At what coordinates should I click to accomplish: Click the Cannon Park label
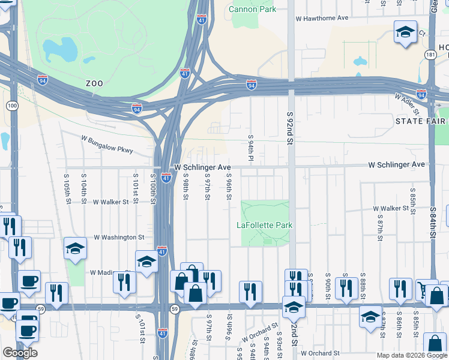(252, 9)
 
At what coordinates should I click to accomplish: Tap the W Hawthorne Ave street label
(322, 18)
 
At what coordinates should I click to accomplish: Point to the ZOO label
(94, 83)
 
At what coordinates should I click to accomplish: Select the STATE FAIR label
(421, 121)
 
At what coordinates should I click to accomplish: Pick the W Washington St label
(119, 238)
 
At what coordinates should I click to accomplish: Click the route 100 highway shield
(11, 106)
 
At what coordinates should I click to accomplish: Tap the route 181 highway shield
(430, 55)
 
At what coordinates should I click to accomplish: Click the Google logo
(20, 353)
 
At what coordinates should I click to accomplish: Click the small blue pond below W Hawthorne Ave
(360, 61)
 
